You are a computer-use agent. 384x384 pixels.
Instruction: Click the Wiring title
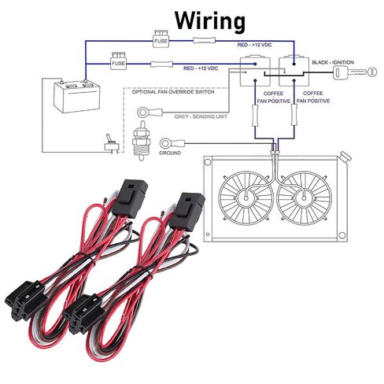[x=210, y=21]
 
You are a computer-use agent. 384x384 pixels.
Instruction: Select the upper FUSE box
[x=161, y=39]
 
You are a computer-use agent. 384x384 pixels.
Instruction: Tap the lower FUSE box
[x=118, y=61]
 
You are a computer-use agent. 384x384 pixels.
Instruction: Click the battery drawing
[x=76, y=97]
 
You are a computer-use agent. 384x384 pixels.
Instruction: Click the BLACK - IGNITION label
[x=333, y=62]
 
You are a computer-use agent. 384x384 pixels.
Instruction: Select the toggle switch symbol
[x=111, y=144]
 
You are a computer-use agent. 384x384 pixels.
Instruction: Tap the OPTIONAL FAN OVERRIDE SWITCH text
[x=173, y=92]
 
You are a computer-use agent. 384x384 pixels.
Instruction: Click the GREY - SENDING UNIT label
[x=201, y=116]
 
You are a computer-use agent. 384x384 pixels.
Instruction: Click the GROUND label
[x=170, y=153]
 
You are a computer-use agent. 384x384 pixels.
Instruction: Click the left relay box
[x=255, y=71]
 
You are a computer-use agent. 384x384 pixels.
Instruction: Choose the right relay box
[x=294, y=71]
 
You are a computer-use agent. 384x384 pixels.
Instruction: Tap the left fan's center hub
[x=246, y=198]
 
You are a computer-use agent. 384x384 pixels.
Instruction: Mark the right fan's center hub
[x=304, y=198]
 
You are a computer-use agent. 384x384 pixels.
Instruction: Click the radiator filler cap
[x=345, y=157]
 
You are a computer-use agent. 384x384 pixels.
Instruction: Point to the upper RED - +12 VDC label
[x=254, y=45]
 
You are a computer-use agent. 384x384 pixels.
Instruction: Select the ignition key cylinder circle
[x=372, y=72]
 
